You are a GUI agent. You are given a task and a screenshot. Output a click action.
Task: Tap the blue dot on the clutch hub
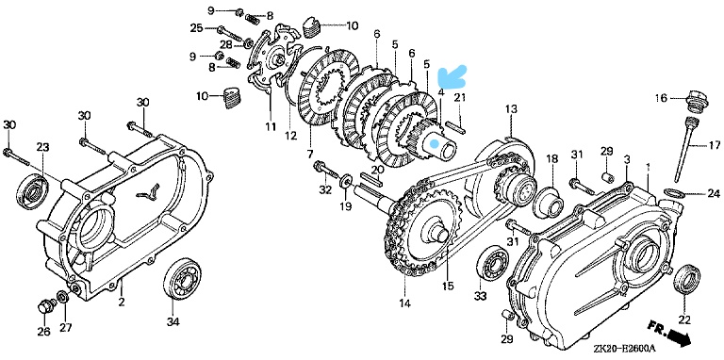(x=434, y=144)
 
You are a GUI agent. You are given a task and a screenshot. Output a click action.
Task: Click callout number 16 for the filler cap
(x=662, y=97)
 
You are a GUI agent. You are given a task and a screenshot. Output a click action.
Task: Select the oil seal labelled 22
(x=687, y=280)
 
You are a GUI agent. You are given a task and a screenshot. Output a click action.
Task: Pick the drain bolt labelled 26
(x=45, y=306)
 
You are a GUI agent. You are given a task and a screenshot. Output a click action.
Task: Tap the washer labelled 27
(x=63, y=296)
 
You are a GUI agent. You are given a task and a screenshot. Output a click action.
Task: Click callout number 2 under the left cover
(x=122, y=303)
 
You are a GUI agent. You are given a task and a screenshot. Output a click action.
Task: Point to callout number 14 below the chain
(x=406, y=303)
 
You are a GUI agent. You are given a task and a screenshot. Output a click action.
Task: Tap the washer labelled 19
(x=345, y=181)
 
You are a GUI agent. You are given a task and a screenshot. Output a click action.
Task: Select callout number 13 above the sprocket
(x=512, y=109)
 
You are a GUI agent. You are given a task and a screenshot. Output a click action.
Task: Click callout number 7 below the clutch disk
(x=309, y=154)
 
